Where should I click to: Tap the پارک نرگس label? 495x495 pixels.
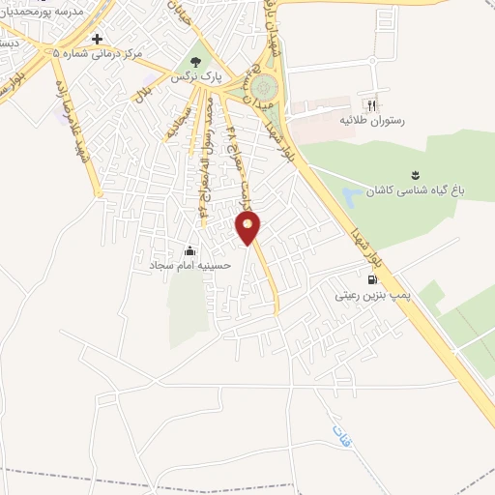click(191, 74)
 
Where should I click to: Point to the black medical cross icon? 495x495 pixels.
click(97, 39)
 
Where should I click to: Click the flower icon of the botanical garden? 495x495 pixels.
click(415, 174)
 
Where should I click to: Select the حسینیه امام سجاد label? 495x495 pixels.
click(189, 263)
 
